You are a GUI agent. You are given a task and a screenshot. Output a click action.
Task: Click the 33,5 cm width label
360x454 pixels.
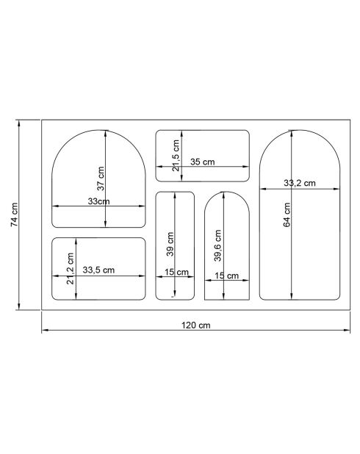(x=98, y=270)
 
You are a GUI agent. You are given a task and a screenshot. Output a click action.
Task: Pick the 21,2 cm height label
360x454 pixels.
(x=71, y=270)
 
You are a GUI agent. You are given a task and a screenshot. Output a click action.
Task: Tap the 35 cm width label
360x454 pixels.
(x=212, y=162)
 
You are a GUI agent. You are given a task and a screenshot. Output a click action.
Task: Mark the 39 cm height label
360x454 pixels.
(x=170, y=244)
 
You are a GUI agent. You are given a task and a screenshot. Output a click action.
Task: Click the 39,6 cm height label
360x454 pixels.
(x=217, y=245)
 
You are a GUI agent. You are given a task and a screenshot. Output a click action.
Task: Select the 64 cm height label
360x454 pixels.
(x=287, y=215)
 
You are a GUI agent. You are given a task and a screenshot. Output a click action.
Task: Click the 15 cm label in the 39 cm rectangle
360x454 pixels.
(x=176, y=273)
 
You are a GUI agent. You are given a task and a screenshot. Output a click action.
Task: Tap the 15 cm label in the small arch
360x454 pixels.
(x=226, y=276)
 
